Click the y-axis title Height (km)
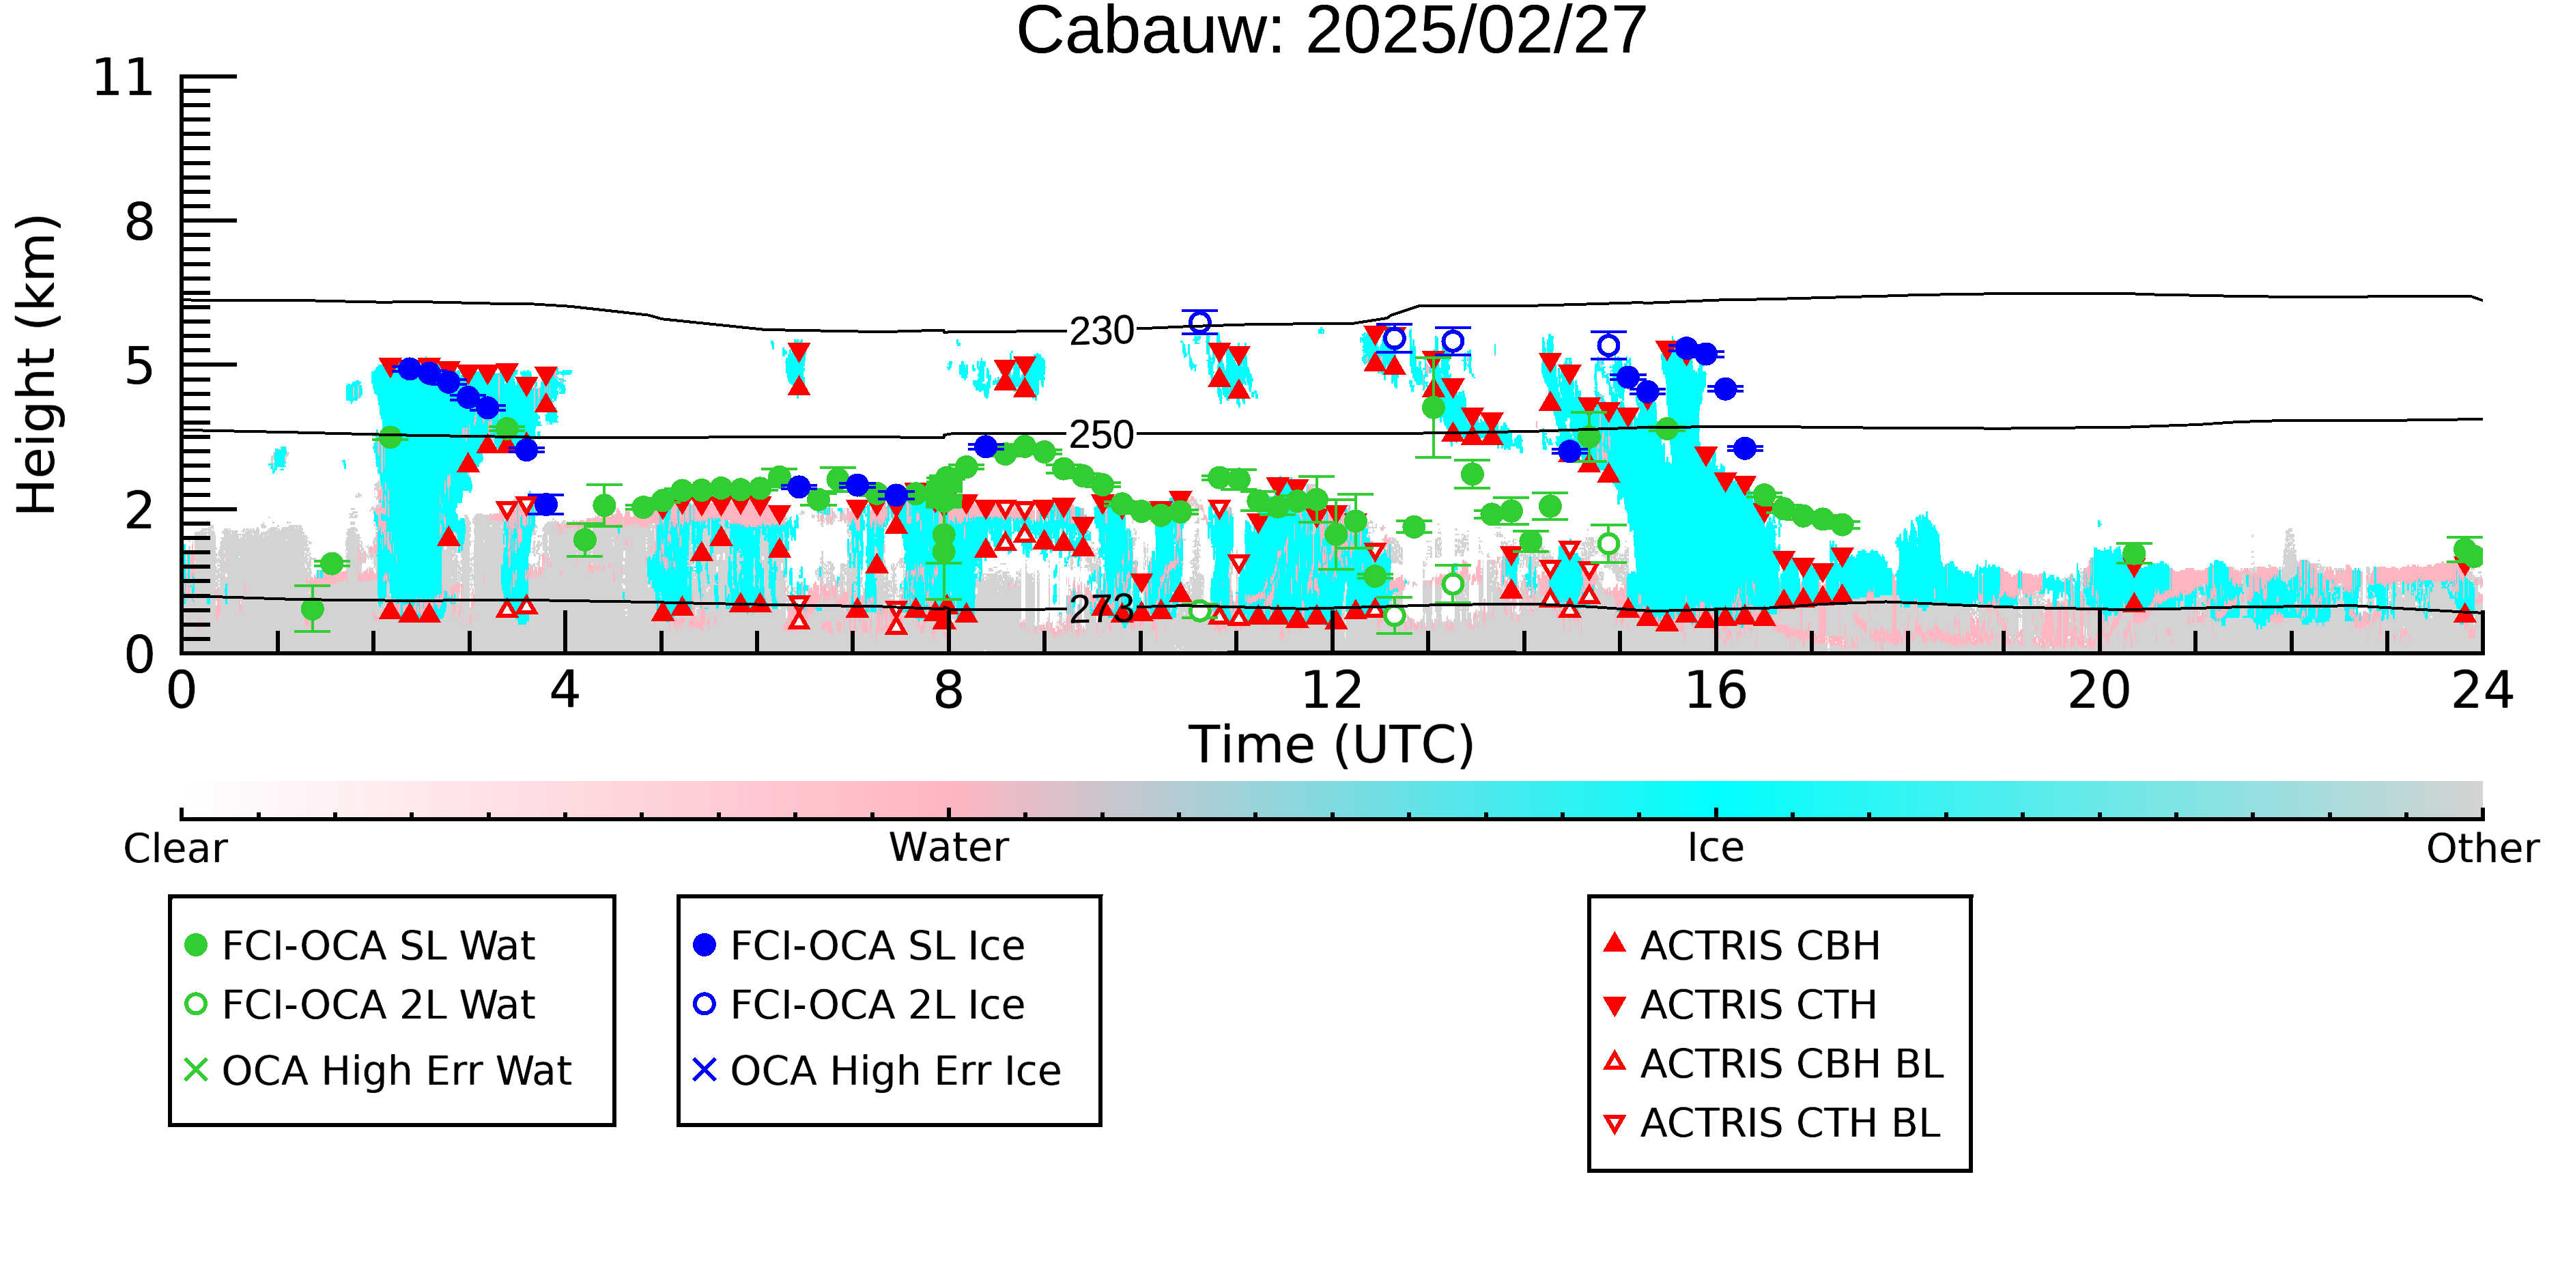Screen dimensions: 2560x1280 tap(38, 365)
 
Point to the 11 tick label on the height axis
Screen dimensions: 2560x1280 tap(124, 78)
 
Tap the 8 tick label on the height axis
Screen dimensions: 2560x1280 tap(140, 222)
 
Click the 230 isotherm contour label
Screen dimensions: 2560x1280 tap(1101, 331)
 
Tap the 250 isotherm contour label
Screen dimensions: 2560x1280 tap(1101, 436)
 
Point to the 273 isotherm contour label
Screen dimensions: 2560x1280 tap(1101, 608)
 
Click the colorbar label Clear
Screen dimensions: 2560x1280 tap(175, 849)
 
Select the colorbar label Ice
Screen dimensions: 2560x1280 tap(1716, 849)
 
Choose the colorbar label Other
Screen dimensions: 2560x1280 tap(2482, 849)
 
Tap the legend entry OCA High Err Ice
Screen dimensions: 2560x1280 tap(877, 1070)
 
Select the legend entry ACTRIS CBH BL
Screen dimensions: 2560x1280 tap(1774, 1064)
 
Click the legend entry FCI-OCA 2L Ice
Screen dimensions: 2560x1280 tap(859, 1005)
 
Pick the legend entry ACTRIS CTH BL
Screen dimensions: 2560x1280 tap(1773, 1123)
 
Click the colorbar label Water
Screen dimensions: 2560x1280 tap(949, 848)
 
